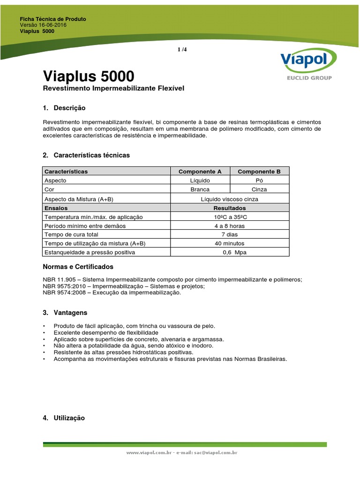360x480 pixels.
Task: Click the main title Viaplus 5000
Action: pyautogui.click(x=88, y=76)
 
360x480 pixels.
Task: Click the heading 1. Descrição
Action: pyautogui.click(x=64, y=108)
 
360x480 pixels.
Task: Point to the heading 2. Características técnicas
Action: pyautogui.click(x=86, y=155)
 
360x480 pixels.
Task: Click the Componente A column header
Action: pyautogui.click(x=200, y=172)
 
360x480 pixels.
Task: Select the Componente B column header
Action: pyautogui.click(x=259, y=172)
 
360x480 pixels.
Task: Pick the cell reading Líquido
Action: pyautogui.click(x=200, y=180)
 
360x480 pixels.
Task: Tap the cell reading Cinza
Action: pyautogui.click(x=259, y=189)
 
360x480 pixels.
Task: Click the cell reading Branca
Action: pyautogui.click(x=200, y=189)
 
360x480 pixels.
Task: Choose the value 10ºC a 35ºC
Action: pyautogui.click(x=230, y=217)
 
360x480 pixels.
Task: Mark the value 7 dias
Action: pyautogui.click(x=230, y=235)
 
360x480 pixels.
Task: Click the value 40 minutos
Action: pyautogui.click(x=230, y=244)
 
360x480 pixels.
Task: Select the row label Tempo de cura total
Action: pyautogui.click(x=71, y=235)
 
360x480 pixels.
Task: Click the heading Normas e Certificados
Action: pyautogui.click(x=78, y=267)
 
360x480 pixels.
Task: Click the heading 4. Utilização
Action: pyautogui.click(x=64, y=418)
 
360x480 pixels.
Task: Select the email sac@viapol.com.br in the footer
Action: pyautogui.click(x=214, y=453)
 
